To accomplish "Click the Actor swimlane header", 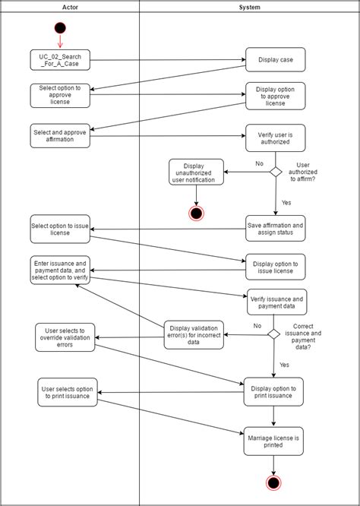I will coord(70,7).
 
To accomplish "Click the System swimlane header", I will coord(249,7).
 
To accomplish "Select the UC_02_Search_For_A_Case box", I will coord(60,59).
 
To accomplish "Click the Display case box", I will coord(274,59).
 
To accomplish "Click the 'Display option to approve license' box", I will coord(274,96).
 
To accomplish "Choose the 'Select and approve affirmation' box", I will coord(60,136).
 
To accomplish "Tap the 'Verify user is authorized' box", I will coord(274,138).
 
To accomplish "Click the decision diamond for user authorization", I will coord(276,172).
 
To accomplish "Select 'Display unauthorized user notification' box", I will coord(196,172).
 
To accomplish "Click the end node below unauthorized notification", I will coord(197,213).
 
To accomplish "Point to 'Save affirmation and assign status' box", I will coord(275,228).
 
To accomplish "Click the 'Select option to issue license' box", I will coord(60,229).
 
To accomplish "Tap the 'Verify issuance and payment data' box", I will coord(277,303).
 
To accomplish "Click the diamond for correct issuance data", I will coord(273,334).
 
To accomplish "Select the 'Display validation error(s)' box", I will coord(194,334).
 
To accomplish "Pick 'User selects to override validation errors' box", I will coord(65,337).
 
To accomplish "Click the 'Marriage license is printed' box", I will coord(274,441).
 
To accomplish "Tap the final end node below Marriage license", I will coord(274,482).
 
